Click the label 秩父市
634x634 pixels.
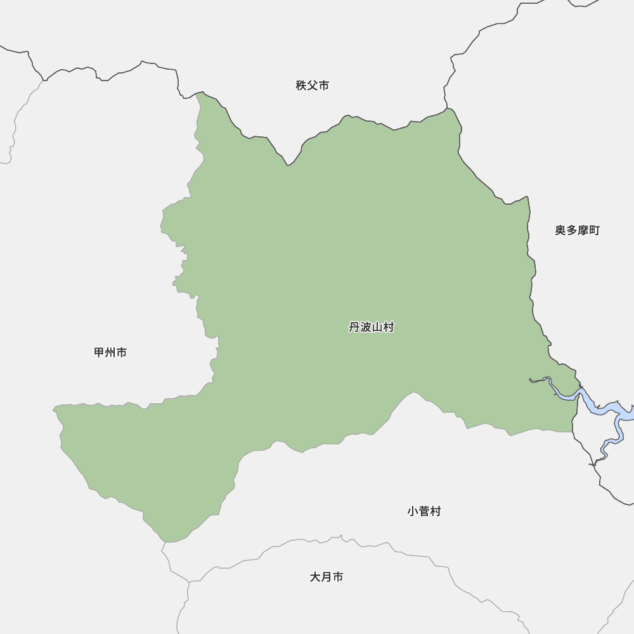tap(312, 86)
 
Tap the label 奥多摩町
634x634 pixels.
tap(577, 230)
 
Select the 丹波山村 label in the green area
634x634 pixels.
tap(372, 327)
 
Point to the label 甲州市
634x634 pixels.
tap(110, 353)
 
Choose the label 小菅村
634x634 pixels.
tap(424, 511)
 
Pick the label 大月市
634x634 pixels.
tap(327, 577)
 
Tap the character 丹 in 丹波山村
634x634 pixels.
tap(354, 327)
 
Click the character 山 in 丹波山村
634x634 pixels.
tap(377, 327)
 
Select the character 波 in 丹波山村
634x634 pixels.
tap(366, 327)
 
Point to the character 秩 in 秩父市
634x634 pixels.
tap(301, 86)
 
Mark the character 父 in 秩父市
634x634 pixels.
tap(312, 86)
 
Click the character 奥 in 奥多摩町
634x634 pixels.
tap(560, 230)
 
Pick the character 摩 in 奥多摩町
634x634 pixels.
tap(583, 230)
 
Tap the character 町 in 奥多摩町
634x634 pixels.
tap(594, 230)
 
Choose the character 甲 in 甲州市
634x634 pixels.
tap(99, 353)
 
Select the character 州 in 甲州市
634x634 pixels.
tap(110, 353)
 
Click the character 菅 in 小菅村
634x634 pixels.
tap(424, 511)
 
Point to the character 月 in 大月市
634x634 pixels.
tap(327, 577)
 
